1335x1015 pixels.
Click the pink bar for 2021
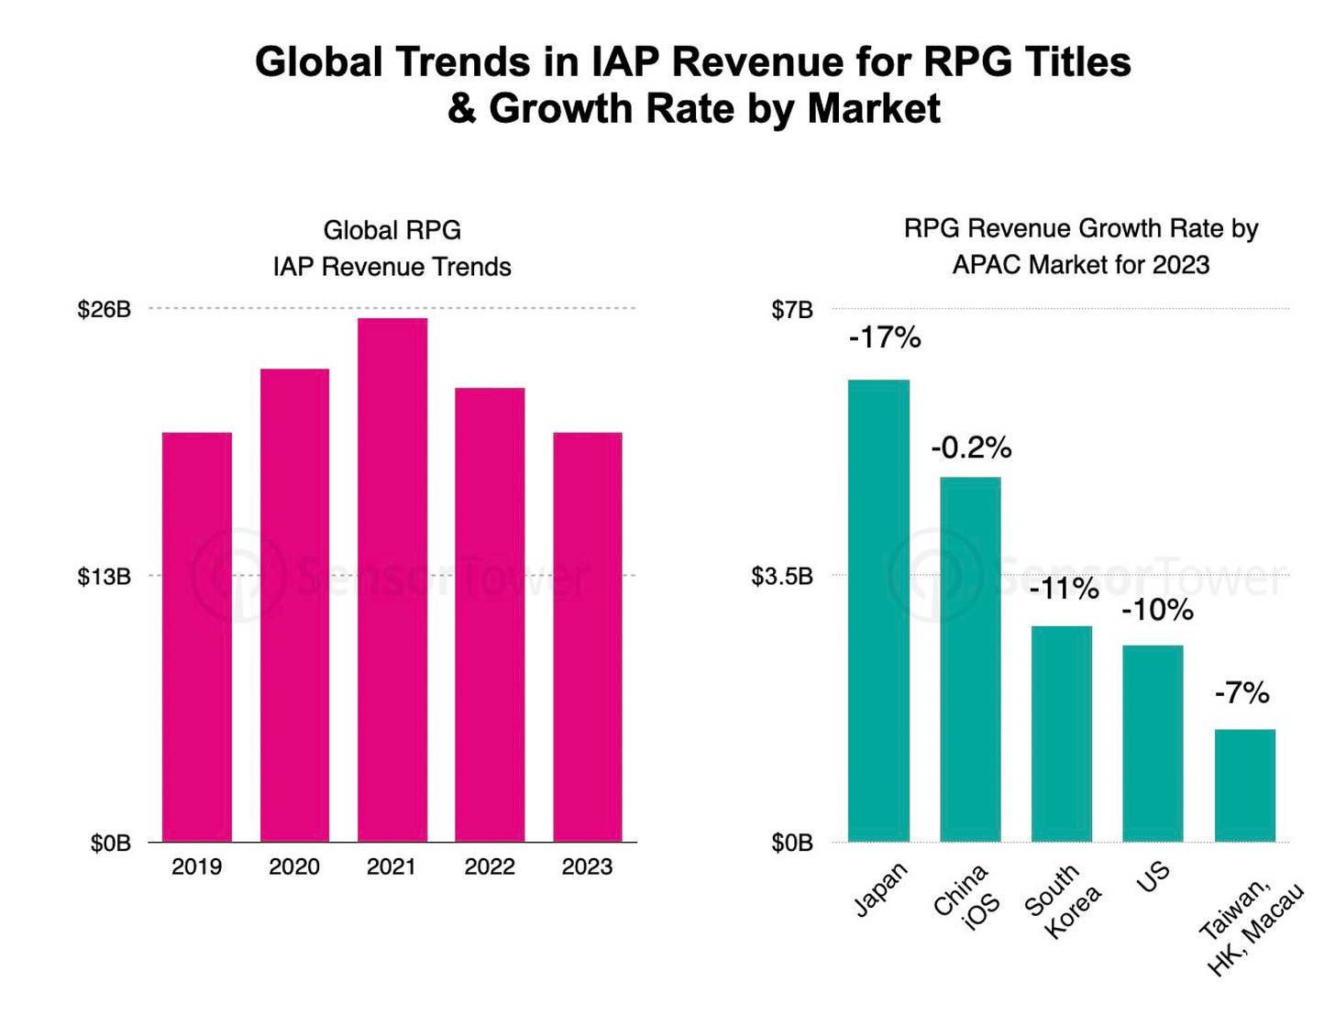coord(392,579)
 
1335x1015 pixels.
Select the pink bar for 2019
coord(197,637)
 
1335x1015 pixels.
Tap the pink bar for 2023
coord(588,637)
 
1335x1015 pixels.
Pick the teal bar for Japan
coord(878,611)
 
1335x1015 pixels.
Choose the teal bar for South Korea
coord(1062,734)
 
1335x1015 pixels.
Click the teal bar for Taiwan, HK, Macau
coord(1245,785)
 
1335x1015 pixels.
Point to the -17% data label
coord(885,338)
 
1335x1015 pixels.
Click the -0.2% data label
coord(971,447)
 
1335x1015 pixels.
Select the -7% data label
coord(1242,693)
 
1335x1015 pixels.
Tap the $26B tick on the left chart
coord(105,310)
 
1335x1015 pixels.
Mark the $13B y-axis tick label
coord(105,577)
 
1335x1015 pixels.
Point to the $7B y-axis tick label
coord(792,310)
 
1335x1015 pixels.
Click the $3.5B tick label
coord(782,577)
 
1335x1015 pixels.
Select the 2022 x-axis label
coord(490,867)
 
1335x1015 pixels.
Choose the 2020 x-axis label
coord(294,867)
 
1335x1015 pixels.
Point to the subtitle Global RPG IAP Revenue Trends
coord(392,248)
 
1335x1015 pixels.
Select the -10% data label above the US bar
coord(1157,611)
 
